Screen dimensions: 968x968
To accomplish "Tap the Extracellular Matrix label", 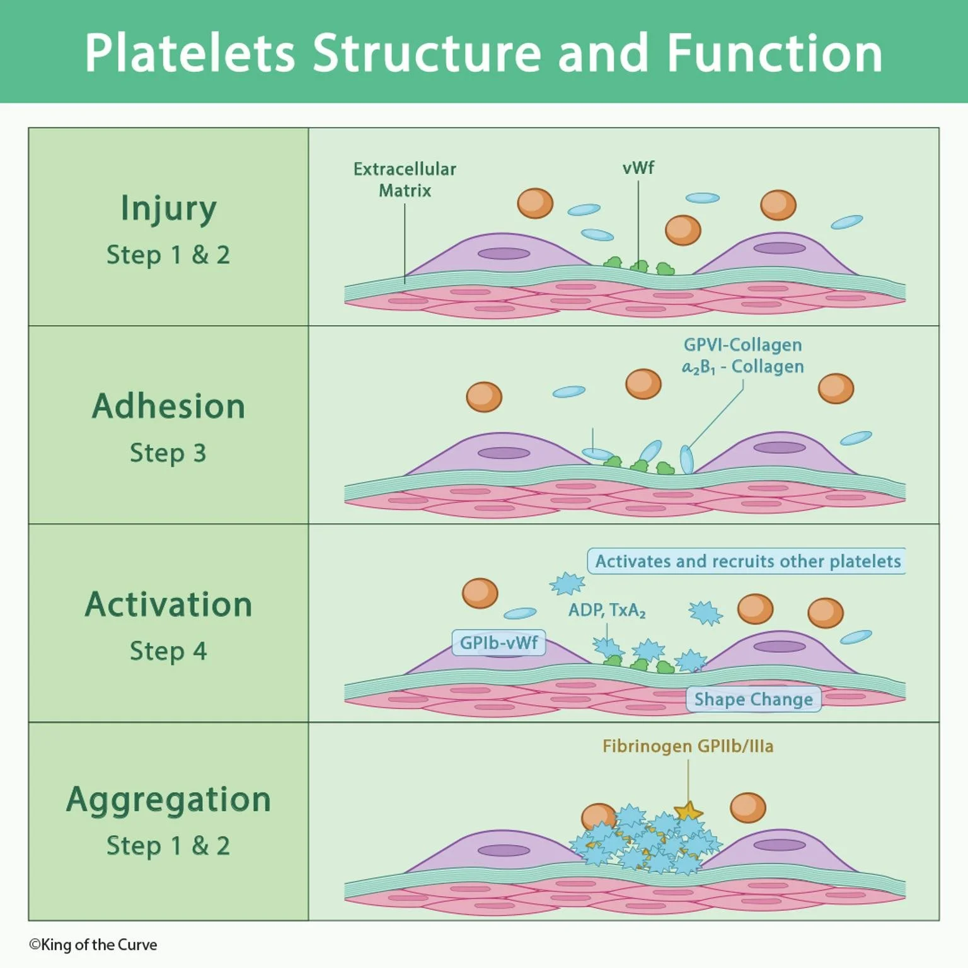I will click(x=405, y=180).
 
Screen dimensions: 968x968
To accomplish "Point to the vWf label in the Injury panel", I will click(x=638, y=168).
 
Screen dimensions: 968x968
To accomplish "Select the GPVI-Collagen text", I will click(x=742, y=345).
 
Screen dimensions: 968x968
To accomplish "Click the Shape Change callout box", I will click(x=753, y=699).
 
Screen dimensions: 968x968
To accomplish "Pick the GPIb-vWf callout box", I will click(x=498, y=643).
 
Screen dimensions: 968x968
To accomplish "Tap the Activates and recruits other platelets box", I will click(x=747, y=561).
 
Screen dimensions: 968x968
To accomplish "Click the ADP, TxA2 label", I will click(x=606, y=611).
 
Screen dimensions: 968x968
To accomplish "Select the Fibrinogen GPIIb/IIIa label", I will click(x=688, y=746).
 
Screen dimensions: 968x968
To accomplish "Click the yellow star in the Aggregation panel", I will click(x=688, y=811).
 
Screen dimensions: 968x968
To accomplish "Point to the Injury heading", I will click(x=168, y=209).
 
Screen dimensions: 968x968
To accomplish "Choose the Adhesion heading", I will click(x=168, y=406).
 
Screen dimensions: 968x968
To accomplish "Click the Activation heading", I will click(x=168, y=604).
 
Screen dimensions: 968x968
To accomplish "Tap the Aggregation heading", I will click(x=168, y=800).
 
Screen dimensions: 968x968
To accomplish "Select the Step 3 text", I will click(x=168, y=453).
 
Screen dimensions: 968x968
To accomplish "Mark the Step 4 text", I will click(x=168, y=651).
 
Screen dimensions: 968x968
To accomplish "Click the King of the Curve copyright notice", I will click(x=93, y=945).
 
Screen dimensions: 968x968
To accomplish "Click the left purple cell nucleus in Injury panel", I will click(x=504, y=254).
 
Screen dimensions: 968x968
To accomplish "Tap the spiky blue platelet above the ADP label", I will click(x=567, y=584).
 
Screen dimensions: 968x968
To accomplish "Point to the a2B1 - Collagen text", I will click(x=742, y=367).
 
